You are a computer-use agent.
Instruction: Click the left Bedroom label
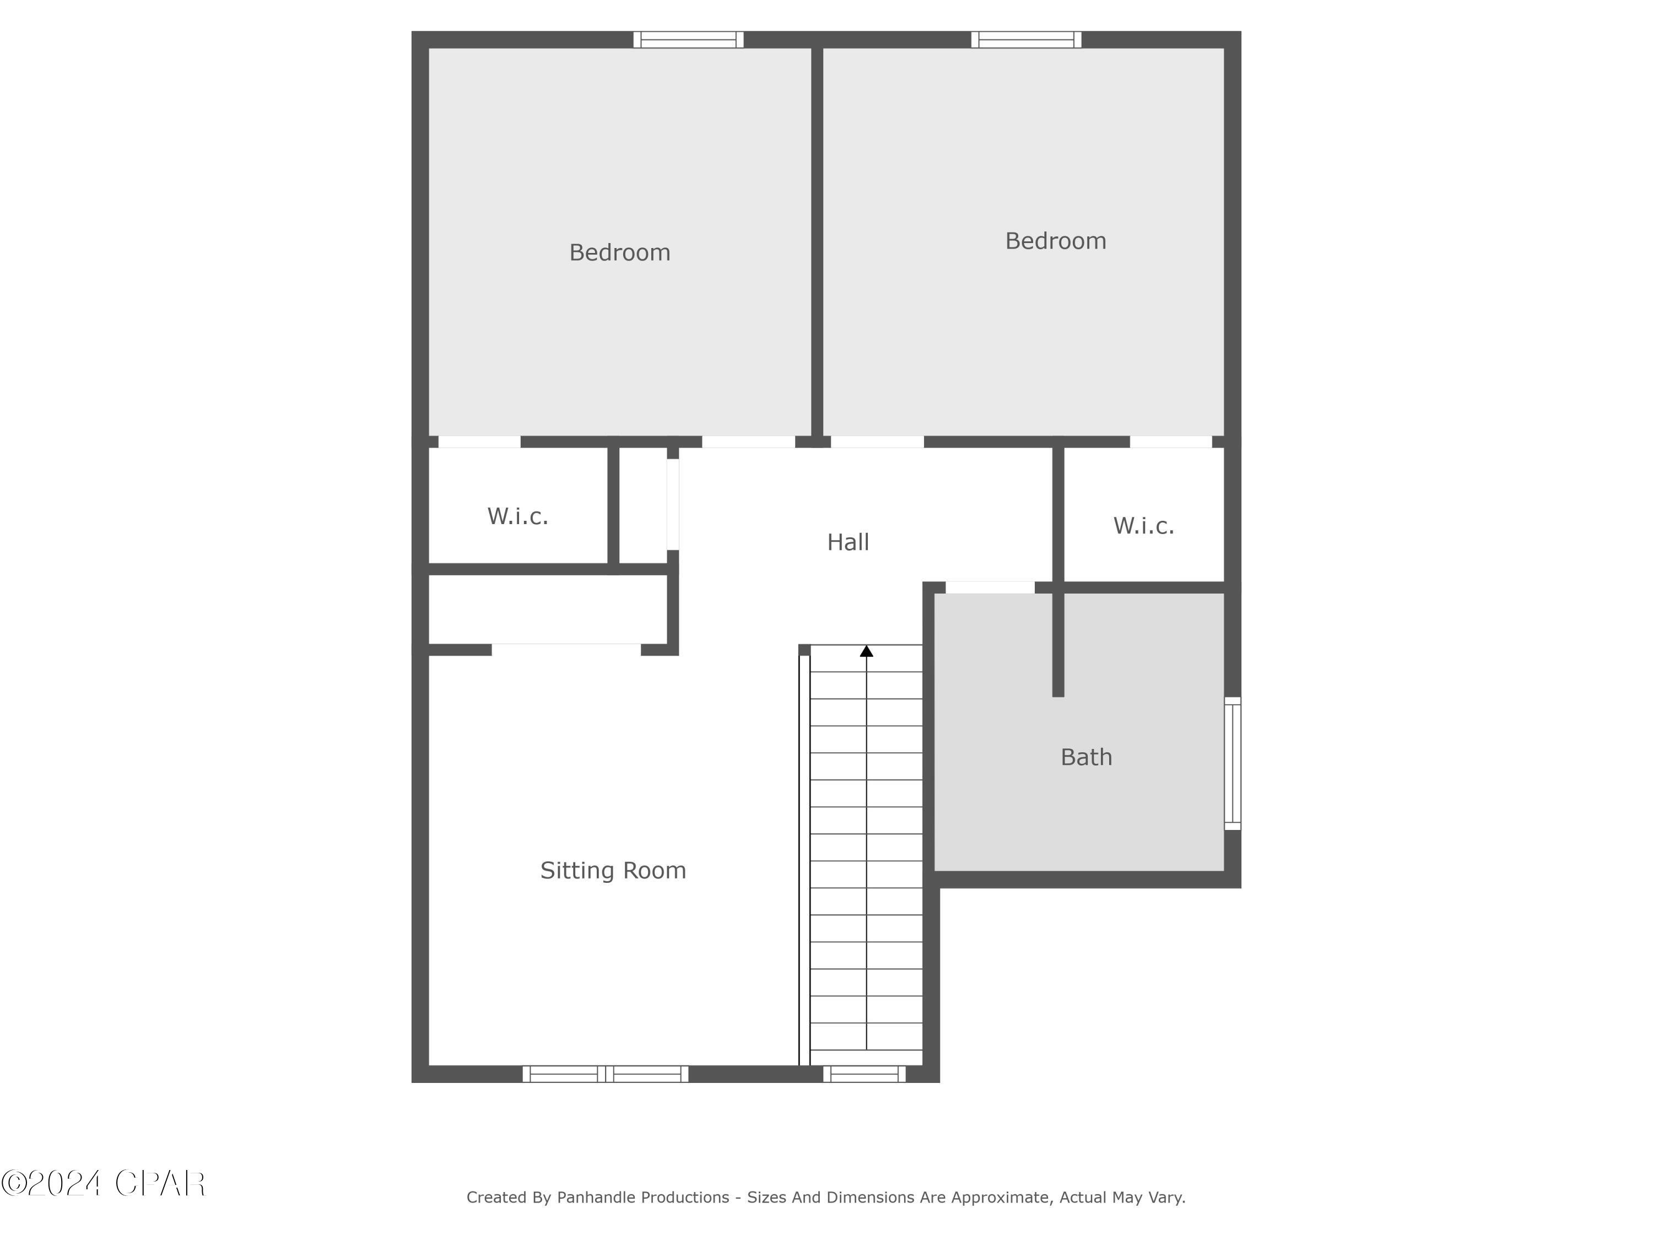(619, 252)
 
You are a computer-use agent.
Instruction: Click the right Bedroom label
(1055, 241)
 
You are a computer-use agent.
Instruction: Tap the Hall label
(847, 542)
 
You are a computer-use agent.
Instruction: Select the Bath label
(1086, 757)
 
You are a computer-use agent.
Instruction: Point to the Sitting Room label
(613, 870)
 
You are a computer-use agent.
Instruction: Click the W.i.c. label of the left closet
(518, 516)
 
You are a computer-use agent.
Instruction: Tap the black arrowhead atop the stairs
(866, 651)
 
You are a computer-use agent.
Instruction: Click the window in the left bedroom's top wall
(688, 40)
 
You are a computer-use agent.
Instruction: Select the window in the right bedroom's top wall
(1026, 40)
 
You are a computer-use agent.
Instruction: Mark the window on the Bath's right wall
(1232, 763)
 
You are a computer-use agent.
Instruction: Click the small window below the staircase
(865, 1074)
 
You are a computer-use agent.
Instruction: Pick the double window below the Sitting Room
(606, 1074)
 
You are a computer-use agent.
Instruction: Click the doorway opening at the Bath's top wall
(990, 587)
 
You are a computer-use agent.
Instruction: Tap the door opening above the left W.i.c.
(479, 442)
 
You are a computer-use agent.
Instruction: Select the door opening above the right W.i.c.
(1170, 442)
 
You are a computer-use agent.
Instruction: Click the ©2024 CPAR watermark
(103, 1183)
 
